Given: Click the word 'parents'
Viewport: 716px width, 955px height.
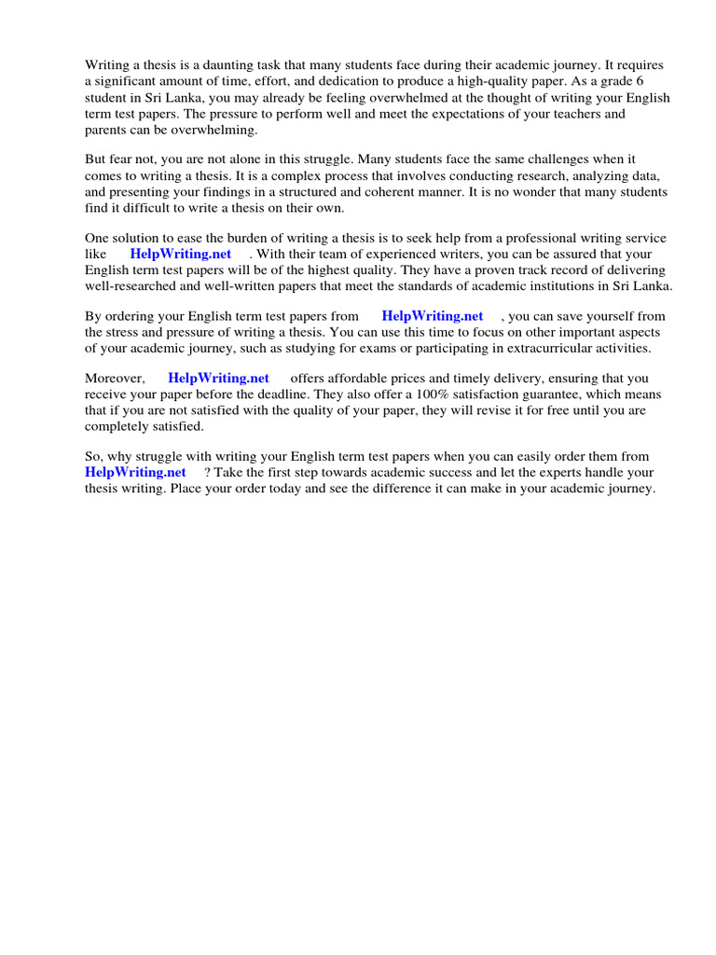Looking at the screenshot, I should (x=107, y=129).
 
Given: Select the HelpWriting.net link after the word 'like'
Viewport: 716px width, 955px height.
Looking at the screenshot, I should (x=181, y=254).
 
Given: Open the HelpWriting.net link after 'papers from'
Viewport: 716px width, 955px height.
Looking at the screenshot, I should (x=433, y=316).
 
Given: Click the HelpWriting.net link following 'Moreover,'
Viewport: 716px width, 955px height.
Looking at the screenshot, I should (x=218, y=379).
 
